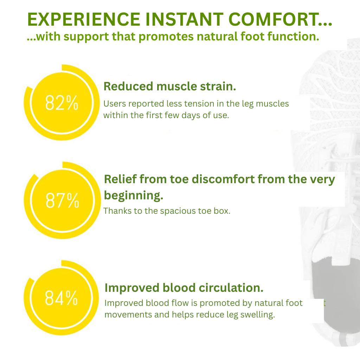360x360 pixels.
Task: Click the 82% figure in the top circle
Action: tap(62, 103)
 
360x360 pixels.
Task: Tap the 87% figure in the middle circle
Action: tap(62, 200)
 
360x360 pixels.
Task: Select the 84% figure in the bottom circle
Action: tap(61, 298)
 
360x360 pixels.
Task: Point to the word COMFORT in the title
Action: tap(273, 19)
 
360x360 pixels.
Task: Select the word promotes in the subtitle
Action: tap(166, 37)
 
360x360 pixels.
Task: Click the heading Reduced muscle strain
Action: tap(170, 86)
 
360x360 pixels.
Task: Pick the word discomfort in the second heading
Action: tap(223, 179)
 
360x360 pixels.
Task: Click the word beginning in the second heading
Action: tap(133, 195)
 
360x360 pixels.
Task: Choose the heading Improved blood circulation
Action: tap(184, 288)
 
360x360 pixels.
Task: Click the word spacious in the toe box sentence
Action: tap(178, 211)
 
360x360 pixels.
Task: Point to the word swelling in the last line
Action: tap(258, 315)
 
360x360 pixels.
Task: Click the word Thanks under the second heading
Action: tap(116, 211)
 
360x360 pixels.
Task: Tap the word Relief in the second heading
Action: tap(120, 179)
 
